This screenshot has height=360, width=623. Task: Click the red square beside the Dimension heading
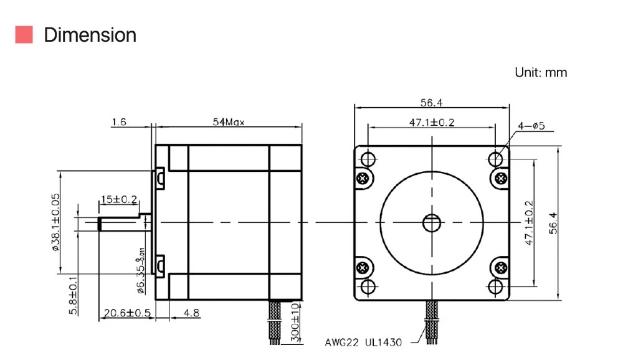24,35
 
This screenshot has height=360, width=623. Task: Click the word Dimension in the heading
90,35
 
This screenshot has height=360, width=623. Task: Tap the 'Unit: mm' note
541,72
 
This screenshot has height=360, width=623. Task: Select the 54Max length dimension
229,121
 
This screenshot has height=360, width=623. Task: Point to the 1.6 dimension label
119,121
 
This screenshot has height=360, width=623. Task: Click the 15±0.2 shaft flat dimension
119,199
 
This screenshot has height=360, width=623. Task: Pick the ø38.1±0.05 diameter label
55,222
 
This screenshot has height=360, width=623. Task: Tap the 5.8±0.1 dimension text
74,295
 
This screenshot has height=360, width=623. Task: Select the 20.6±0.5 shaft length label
127,313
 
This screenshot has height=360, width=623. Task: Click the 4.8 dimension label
191,313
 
